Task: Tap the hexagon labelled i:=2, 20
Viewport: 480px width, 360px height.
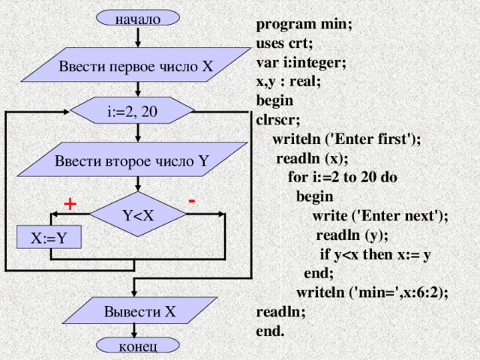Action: [133, 112]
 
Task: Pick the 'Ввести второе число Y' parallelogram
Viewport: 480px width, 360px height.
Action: [132, 160]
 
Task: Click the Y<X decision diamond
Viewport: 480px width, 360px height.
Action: [138, 216]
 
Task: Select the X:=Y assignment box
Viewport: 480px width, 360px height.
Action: [49, 238]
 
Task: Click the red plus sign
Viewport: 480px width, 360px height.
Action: [70, 203]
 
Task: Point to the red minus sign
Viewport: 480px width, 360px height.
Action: [193, 200]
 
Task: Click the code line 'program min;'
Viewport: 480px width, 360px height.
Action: [304, 23]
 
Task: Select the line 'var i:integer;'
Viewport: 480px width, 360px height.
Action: [301, 62]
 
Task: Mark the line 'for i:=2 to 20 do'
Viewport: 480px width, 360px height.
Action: [343, 178]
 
